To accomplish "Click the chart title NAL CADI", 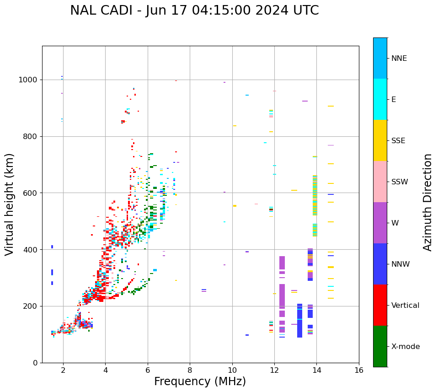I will pyautogui.click(x=96, y=11).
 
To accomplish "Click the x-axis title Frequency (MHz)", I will pyautogui.click(x=200, y=381).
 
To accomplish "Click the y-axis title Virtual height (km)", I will pyautogui.click(x=10, y=204).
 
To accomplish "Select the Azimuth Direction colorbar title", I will pyautogui.click(x=427, y=202).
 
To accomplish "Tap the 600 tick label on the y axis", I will pyautogui.click(x=31, y=193).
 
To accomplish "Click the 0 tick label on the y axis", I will pyautogui.click(x=35, y=363).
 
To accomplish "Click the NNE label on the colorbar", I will pyautogui.click(x=399, y=59).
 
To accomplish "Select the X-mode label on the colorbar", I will pyautogui.click(x=405, y=347).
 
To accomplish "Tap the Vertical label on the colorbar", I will pyautogui.click(x=405, y=306).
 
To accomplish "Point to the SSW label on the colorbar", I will pyautogui.click(x=400, y=182).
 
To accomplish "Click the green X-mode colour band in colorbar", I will pyautogui.click(x=380, y=346).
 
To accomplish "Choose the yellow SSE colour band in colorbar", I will pyautogui.click(x=380, y=140).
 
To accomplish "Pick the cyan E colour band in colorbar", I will pyautogui.click(x=380, y=99).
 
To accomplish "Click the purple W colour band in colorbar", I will pyautogui.click(x=380, y=223).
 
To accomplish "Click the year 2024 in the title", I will pyautogui.click(x=267, y=11).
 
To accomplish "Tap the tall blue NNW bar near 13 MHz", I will pyautogui.click(x=299, y=320).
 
